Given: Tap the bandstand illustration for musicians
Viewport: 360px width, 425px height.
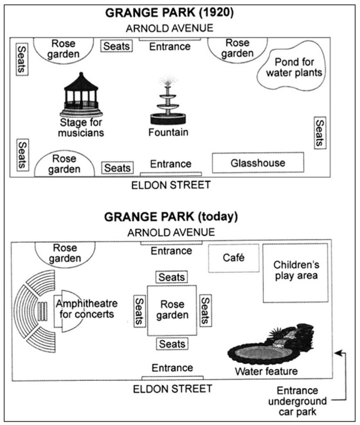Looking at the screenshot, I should pyautogui.click(x=81, y=95).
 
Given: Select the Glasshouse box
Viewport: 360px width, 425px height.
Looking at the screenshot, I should pyautogui.click(x=258, y=163).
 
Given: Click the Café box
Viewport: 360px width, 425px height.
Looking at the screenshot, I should pyautogui.click(x=233, y=258).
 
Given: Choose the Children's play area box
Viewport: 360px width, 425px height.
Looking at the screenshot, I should pyautogui.click(x=295, y=272).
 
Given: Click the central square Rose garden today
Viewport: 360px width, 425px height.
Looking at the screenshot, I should pyautogui.click(x=171, y=310).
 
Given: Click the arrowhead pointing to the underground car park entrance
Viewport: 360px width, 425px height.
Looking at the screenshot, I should pyautogui.click(x=338, y=352).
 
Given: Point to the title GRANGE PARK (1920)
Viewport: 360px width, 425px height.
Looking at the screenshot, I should pyautogui.click(x=170, y=12).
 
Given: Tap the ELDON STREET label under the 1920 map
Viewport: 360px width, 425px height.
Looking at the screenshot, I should pyautogui.click(x=171, y=185).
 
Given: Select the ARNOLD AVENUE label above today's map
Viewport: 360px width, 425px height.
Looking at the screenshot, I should pyautogui.click(x=171, y=232).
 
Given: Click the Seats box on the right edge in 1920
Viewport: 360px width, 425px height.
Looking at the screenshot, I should pyautogui.click(x=319, y=132).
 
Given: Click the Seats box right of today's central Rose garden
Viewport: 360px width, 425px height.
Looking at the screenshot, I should pyautogui.click(x=205, y=310).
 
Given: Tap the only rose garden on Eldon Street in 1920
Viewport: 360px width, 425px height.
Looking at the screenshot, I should pyautogui.click(x=64, y=164).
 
